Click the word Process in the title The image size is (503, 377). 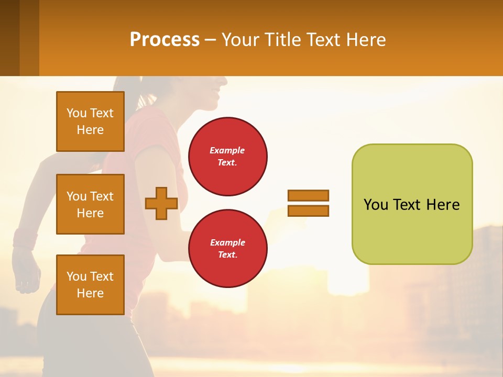(165, 40)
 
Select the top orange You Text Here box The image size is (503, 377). (90, 121)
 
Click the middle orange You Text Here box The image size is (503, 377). (90, 204)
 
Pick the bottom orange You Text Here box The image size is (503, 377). (90, 285)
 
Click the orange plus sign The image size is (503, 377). (161, 203)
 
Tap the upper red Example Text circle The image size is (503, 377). (227, 157)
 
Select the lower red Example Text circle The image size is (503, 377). (227, 249)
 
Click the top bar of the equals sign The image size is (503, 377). (308, 195)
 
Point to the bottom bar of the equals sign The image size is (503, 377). (308, 211)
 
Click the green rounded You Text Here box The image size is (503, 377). (412, 204)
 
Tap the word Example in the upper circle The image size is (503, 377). (227, 150)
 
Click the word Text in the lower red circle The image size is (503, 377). (227, 255)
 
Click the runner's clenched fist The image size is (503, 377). (26, 272)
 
